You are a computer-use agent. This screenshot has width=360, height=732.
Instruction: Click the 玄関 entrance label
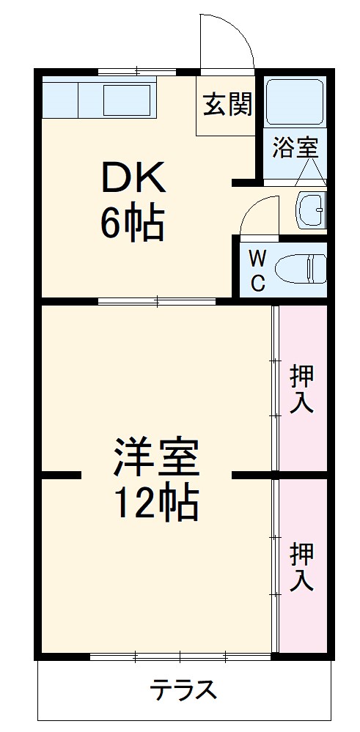pyautogui.click(x=227, y=106)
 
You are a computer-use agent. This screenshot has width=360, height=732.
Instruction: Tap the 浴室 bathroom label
pyautogui.click(x=295, y=147)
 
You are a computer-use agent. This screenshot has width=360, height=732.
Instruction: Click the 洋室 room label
pyautogui.click(x=155, y=457)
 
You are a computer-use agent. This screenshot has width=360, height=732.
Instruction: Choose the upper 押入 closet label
pyautogui.click(x=302, y=389)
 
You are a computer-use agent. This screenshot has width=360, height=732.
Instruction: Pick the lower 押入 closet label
pyautogui.click(x=301, y=566)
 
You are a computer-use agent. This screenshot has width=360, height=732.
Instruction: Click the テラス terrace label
pyautogui.click(x=183, y=690)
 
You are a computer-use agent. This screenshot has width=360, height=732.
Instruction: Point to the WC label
pyautogui.click(x=257, y=270)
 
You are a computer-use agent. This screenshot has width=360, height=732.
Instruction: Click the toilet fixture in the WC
pyautogui.click(x=305, y=269)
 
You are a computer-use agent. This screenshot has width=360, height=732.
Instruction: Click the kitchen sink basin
pyautogui.click(x=127, y=98)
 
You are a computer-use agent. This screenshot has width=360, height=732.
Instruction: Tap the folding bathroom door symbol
pyautogui.click(x=312, y=173)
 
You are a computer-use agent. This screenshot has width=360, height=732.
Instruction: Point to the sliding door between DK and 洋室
pyautogui.click(x=157, y=300)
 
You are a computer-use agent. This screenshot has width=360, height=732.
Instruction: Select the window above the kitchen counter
pyautogui.click(x=137, y=72)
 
